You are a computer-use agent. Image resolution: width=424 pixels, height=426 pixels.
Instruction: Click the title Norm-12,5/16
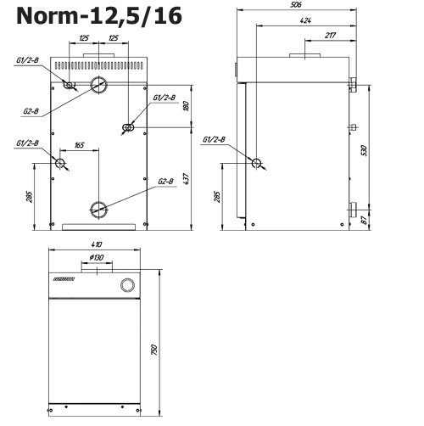tap(99, 16)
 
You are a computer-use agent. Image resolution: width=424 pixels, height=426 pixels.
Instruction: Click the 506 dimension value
tap(296, 5)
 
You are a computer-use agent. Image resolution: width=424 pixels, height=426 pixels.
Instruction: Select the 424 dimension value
tap(305, 20)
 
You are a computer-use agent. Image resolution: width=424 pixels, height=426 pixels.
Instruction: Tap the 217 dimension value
tap(330, 36)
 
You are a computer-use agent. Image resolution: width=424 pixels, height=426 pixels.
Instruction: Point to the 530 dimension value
tap(365, 150)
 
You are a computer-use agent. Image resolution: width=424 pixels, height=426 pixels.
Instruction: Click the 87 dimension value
tap(365, 220)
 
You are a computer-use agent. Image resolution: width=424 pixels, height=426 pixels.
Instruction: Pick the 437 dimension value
tap(187, 179)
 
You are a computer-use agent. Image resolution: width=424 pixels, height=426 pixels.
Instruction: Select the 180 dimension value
tap(187, 105)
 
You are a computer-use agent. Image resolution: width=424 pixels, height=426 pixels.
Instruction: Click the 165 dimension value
tap(79, 145)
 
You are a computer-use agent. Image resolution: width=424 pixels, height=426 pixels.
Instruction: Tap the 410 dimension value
tap(97, 244)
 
